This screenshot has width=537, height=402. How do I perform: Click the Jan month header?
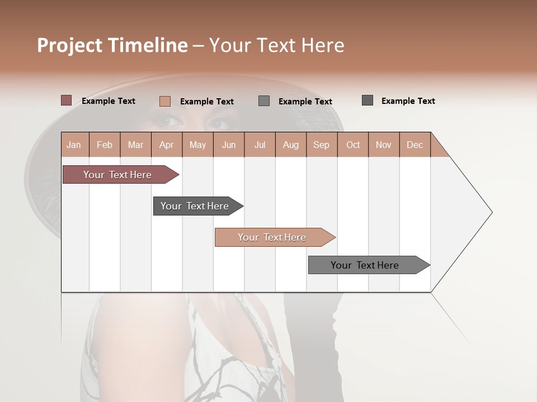74,145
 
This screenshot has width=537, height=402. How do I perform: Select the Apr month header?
167,145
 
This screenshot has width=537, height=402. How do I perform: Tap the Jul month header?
260,145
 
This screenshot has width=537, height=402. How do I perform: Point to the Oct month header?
353,145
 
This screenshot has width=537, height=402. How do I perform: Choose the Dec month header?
415,145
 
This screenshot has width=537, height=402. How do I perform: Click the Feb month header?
105,145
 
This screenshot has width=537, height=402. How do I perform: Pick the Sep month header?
322,145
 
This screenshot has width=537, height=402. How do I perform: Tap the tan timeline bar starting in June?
273,237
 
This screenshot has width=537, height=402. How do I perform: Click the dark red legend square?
66,100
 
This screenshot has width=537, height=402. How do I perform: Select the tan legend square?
164,101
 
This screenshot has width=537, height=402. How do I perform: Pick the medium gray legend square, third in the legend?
264,100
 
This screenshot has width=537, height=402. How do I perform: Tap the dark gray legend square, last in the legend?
368,100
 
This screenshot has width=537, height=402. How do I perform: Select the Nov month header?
384,145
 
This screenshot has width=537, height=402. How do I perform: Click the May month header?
197,145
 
